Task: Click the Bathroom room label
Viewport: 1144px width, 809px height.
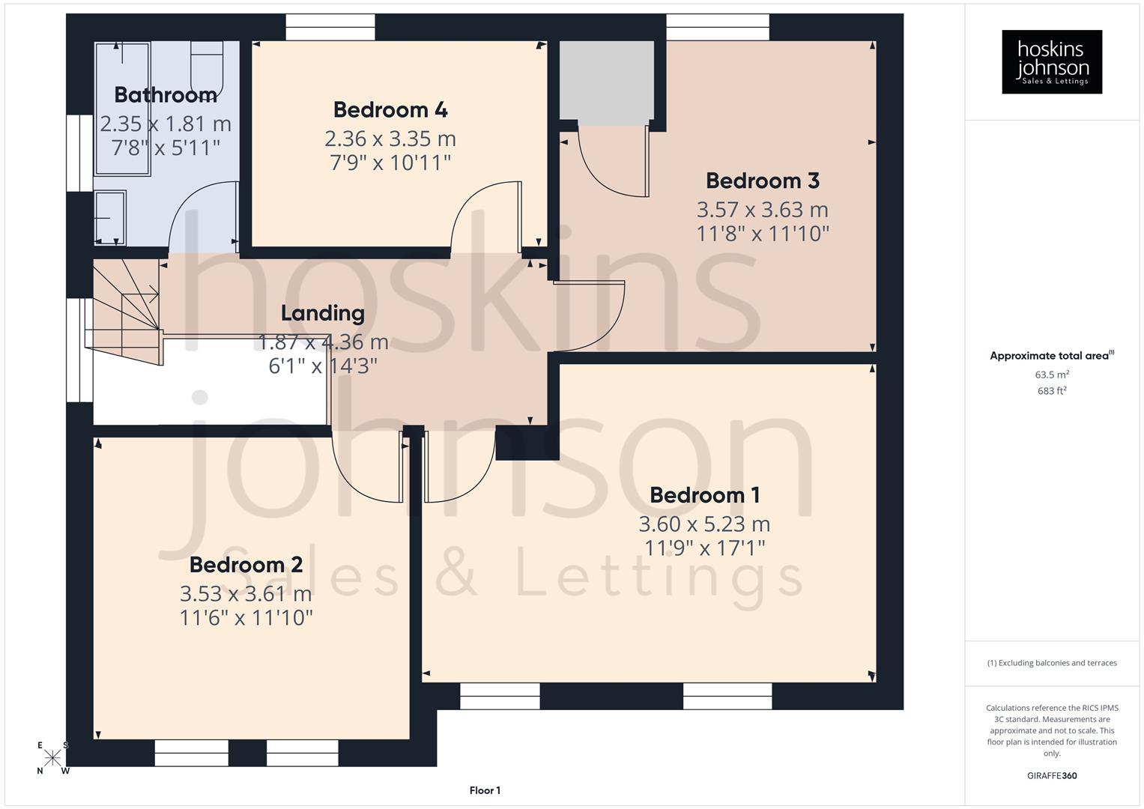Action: point(166,95)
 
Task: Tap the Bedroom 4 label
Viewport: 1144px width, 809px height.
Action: point(390,110)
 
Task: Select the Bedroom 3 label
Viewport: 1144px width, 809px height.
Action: point(762,181)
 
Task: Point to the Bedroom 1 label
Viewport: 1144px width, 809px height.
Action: point(704,495)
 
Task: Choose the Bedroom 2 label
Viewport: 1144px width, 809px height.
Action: point(246,565)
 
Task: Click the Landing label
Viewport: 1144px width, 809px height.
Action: point(322,313)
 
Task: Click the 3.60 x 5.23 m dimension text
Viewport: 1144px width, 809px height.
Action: point(704,524)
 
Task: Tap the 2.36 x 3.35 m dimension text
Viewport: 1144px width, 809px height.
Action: point(390,139)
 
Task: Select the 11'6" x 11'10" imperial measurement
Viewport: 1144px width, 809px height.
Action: point(246,618)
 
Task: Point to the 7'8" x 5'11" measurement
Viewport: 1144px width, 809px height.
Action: point(166,148)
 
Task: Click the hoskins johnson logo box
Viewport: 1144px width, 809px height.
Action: point(1051,62)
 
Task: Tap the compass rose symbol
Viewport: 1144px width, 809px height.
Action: point(52,758)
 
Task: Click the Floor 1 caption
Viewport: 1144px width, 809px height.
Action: point(485,790)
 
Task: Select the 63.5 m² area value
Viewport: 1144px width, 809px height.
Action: point(1051,375)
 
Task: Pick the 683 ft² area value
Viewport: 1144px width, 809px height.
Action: point(1051,391)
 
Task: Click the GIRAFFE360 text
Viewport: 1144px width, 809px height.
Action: point(1051,775)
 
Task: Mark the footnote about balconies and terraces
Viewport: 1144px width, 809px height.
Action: point(1051,663)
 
